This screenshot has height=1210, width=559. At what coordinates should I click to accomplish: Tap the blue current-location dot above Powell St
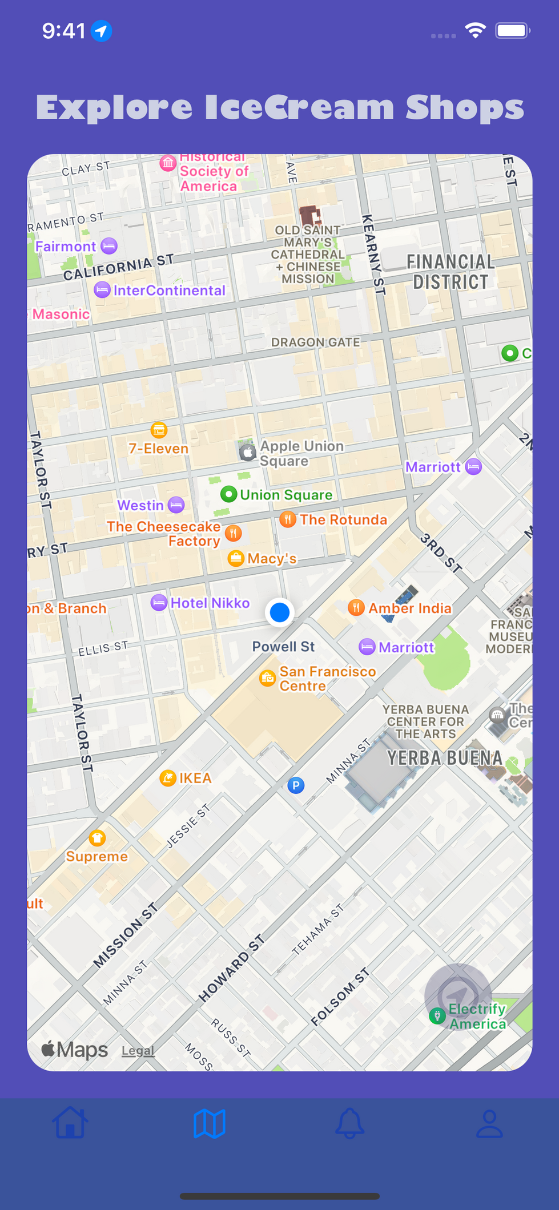click(279, 612)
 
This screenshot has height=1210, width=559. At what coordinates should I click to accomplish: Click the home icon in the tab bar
click(70, 1123)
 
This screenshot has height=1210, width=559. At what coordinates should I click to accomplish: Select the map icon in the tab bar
click(210, 1123)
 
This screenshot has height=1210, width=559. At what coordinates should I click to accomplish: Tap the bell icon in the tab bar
click(349, 1123)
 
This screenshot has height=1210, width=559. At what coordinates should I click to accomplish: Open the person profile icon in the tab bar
click(489, 1123)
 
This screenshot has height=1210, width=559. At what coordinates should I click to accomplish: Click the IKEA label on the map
click(195, 778)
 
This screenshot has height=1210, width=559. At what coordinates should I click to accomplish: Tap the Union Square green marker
click(229, 494)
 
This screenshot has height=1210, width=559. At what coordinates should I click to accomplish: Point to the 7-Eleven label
click(158, 449)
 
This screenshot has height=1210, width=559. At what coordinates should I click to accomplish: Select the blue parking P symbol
click(296, 785)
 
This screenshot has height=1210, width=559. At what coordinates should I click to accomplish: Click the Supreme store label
click(96, 856)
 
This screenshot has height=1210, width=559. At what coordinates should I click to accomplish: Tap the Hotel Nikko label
click(210, 603)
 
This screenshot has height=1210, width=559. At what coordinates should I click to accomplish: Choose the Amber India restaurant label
click(409, 608)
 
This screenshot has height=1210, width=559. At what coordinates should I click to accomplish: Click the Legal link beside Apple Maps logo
click(138, 1050)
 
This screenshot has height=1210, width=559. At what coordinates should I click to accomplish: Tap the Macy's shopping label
click(272, 558)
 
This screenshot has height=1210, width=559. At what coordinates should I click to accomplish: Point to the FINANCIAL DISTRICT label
click(451, 272)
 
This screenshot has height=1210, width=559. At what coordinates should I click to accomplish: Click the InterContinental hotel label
click(169, 291)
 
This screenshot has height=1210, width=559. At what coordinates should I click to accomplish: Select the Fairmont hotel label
click(66, 247)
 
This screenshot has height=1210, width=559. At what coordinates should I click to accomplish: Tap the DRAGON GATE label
click(315, 342)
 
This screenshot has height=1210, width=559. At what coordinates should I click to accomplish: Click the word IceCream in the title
click(299, 108)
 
